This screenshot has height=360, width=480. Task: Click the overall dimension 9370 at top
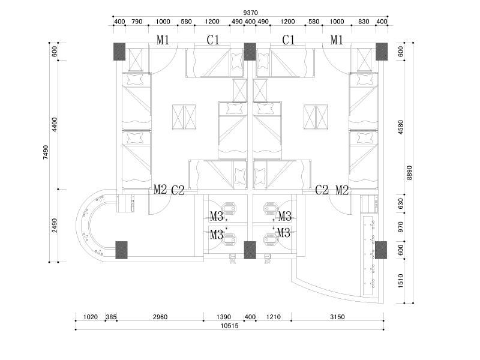(x=250, y=13)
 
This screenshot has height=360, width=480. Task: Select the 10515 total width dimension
(x=229, y=326)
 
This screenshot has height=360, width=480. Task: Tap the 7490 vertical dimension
(x=46, y=152)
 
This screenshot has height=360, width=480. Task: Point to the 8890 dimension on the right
(x=409, y=173)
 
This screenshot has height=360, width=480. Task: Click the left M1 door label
(x=163, y=40)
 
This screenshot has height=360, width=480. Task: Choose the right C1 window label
(x=289, y=40)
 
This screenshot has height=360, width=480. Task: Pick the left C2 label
(x=178, y=190)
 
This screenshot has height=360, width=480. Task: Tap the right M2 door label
(x=342, y=190)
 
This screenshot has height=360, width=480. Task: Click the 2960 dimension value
(x=160, y=317)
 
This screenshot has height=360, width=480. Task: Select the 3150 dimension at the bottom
(x=337, y=317)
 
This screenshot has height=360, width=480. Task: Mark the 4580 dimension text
(x=401, y=127)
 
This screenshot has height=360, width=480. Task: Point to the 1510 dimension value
(x=401, y=281)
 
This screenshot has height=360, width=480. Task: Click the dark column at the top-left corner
(x=119, y=52)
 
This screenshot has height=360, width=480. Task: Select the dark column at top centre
(x=250, y=52)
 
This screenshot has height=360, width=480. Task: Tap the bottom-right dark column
(x=381, y=250)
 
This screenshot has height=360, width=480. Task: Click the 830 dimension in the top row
(x=364, y=22)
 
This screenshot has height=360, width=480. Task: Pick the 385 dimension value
(x=111, y=317)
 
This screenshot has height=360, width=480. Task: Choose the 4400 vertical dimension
(x=55, y=124)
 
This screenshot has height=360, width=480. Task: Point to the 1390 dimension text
(x=223, y=317)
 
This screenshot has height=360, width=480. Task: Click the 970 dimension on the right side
(x=401, y=227)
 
